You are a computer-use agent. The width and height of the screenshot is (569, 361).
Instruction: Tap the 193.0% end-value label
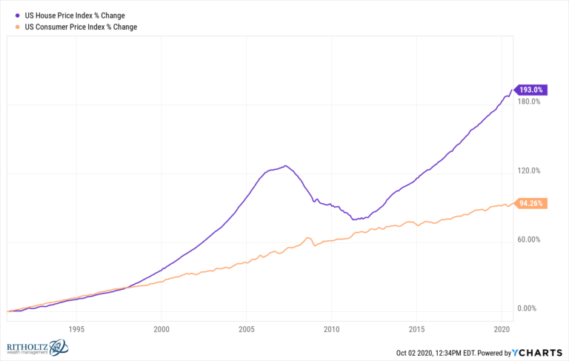coord(530,90)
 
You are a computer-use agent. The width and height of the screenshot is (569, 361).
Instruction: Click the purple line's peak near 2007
coord(285,165)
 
